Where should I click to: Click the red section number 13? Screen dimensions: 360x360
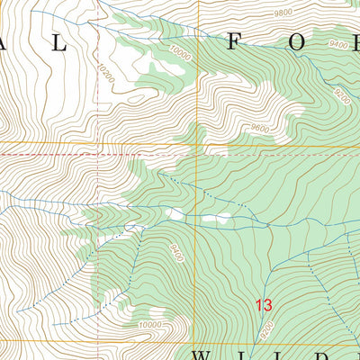[x=264, y=305]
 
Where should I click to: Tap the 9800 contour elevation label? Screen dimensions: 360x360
[x=284, y=13]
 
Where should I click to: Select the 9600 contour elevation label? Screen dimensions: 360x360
[x=260, y=128]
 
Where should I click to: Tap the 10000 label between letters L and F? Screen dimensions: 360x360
[x=180, y=55]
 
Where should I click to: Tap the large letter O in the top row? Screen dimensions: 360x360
[x=319, y=40]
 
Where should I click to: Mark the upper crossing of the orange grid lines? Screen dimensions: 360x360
[x=97, y=143]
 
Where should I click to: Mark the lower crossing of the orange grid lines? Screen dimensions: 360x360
[x=97, y=341]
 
